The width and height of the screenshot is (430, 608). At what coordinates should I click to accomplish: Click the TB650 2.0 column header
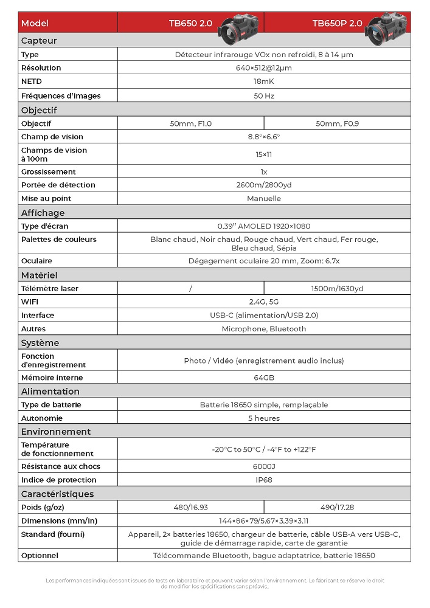(x=190, y=24)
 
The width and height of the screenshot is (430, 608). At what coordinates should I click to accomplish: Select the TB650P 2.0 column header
(x=337, y=24)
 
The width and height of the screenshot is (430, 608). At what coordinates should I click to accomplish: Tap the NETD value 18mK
(x=263, y=81)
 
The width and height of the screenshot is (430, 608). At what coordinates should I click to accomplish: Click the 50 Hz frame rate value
(x=263, y=96)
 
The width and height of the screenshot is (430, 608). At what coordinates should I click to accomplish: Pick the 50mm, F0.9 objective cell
(x=337, y=124)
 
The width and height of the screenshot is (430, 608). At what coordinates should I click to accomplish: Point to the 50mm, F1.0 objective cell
(x=190, y=124)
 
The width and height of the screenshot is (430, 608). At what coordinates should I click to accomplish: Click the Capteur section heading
(x=39, y=41)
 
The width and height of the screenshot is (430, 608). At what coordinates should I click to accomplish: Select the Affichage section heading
(x=43, y=213)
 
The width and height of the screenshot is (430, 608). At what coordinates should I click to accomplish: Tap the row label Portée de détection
(x=58, y=185)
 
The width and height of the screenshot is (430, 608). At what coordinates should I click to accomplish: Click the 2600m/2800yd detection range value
(x=263, y=185)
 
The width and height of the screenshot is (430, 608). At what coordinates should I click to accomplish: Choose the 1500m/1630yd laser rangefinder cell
(x=337, y=289)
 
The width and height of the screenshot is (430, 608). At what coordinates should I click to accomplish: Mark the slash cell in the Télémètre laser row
(x=190, y=289)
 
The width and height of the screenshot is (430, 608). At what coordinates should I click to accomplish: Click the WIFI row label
(x=30, y=302)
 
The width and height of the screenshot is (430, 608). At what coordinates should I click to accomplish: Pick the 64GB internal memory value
(x=263, y=378)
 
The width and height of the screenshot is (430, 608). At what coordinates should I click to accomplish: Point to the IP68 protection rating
(x=263, y=480)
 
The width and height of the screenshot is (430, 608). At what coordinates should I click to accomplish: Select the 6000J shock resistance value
(x=263, y=466)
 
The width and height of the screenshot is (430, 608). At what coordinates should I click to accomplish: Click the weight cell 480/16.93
(x=190, y=507)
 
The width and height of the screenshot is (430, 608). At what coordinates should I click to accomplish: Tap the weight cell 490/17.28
(x=337, y=507)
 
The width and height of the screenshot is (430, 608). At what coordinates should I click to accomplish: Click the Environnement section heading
(x=56, y=432)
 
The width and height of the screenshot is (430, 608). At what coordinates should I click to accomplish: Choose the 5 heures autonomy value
(x=263, y=418)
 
